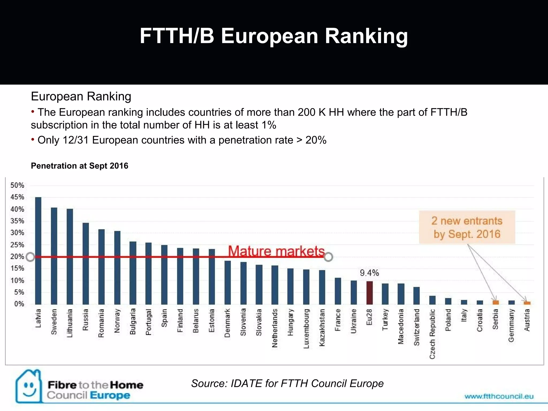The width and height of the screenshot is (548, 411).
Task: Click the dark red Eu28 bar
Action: point(370,293)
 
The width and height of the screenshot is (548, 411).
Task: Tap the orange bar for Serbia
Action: point(496,302)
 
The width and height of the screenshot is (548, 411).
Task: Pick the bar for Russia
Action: point(86,264)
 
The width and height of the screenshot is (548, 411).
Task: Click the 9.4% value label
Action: point(369,273)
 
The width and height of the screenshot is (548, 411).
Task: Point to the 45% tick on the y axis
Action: point(17,197)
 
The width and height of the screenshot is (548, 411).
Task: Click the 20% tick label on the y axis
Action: point(17,257)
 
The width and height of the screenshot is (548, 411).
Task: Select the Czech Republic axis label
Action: point(432,334)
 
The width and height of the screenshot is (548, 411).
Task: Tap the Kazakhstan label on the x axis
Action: point(322,328)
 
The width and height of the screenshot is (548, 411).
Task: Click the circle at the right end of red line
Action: point(328,257)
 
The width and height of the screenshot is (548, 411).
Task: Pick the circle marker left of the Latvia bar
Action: point(31,257)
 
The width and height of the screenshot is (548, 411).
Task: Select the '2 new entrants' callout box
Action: point(467,227)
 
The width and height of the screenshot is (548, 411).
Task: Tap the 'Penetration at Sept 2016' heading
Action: point(79,166)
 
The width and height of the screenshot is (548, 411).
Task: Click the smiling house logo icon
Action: point(29,386)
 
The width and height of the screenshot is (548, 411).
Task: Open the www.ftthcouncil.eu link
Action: point(499,396)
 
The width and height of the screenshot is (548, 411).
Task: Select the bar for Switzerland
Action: point(417,296)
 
